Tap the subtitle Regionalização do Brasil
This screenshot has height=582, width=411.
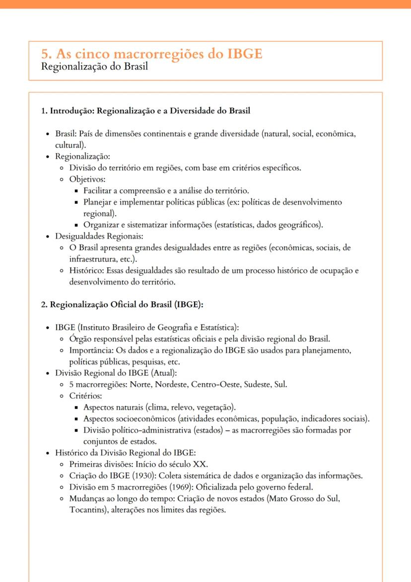(94, 67)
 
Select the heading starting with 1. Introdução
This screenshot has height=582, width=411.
(145, 110)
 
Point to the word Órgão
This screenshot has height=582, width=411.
(80, 339)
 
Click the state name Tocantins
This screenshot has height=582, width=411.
(85, 510)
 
